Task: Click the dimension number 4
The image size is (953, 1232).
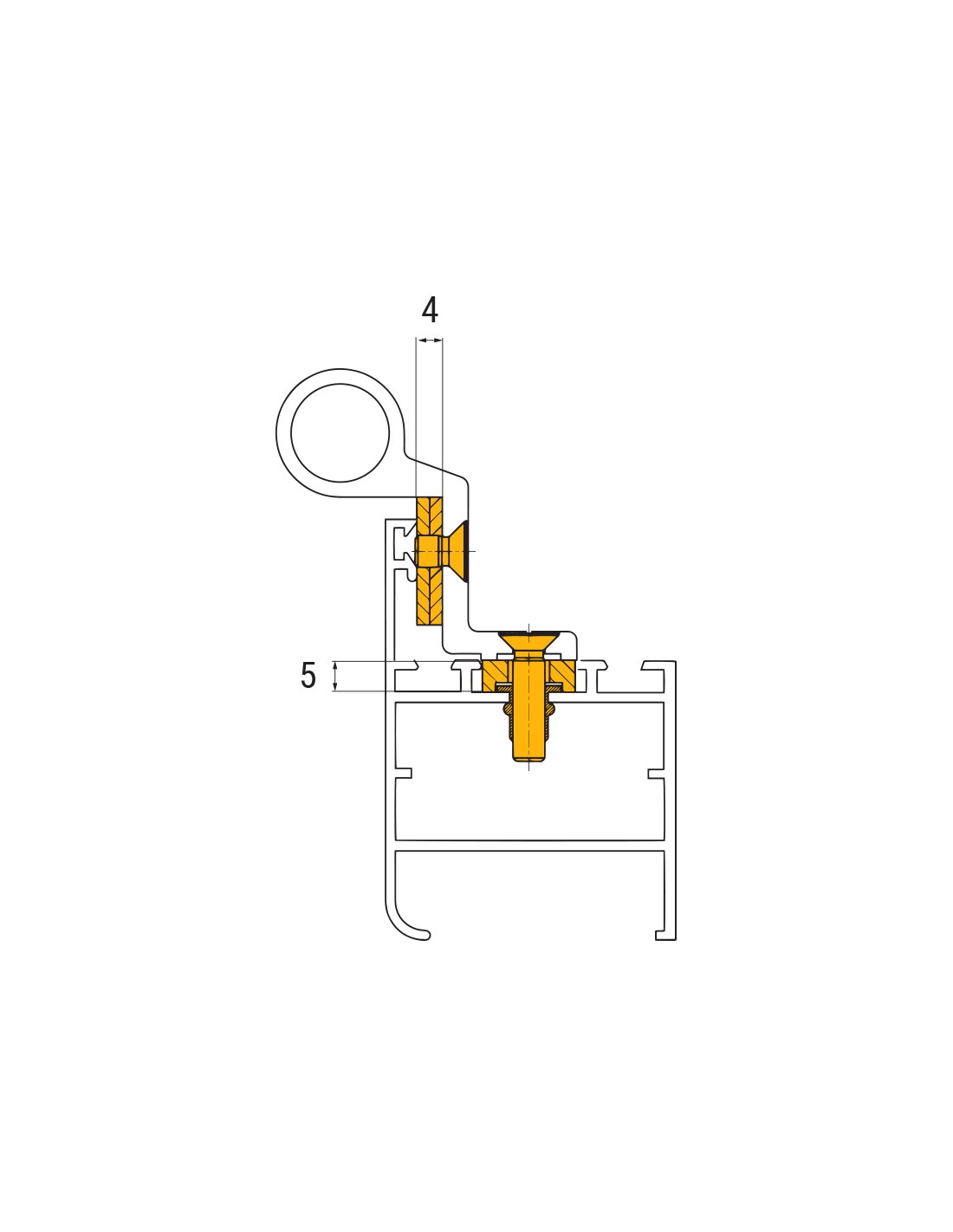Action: [430, 310]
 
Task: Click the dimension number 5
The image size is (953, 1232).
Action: [308, 675]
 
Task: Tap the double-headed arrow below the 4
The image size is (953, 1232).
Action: [429, 340]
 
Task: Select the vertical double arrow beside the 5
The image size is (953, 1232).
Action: [335, 677]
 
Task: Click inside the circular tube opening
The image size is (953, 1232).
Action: [340, 433]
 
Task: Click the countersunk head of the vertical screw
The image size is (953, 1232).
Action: [528, 639]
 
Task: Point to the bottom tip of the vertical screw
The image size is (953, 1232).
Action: [528, 761]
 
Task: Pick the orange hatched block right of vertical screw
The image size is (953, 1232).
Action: [561, 675]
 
